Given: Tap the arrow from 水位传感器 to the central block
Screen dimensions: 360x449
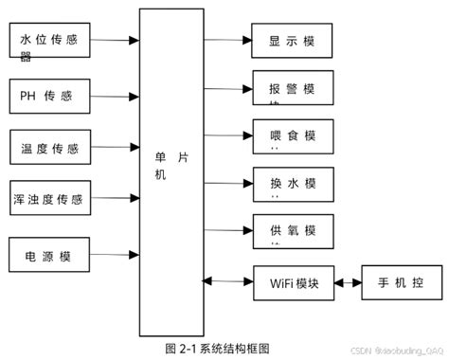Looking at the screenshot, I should (117, 41).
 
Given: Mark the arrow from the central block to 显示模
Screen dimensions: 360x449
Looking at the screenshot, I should (227, 42).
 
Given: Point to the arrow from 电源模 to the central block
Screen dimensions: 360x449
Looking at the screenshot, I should (117, 254).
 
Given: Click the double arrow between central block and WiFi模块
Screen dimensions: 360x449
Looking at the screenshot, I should (227, 280).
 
